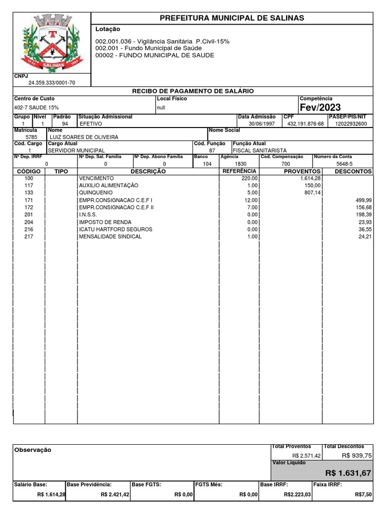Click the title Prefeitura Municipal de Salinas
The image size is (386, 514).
[x=232, y=18]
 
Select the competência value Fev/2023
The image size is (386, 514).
[x=320, y=107]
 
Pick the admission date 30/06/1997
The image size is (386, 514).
[x=262, y=123]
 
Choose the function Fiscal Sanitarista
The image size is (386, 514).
[x=259, y=150]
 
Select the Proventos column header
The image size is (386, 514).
[x=302, y=172]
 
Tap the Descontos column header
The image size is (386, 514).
[x=353, y=172]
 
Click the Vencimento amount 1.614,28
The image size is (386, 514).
[x=311, y=178]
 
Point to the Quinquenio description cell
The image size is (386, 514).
[x=95, y=193]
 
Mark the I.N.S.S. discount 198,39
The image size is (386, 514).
[x=362, y=215]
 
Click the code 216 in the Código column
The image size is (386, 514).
[x=28, y=229]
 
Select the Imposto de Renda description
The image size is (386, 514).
[x=105, y=222]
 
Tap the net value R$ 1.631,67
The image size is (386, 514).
[x=348, y=473]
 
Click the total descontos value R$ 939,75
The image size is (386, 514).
[x=357, y=455]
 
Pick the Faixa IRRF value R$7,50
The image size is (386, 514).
[x=363, y=494]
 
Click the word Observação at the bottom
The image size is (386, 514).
[x=33, y=450]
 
